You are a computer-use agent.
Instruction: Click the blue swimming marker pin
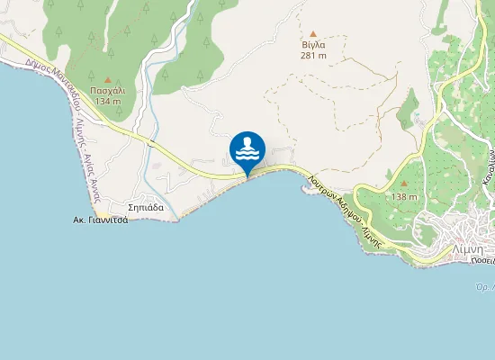[247, 149]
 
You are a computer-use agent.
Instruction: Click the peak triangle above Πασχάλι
[108, 79]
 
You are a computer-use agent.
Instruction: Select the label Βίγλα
[313, 43]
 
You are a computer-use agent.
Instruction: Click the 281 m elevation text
[313, 54]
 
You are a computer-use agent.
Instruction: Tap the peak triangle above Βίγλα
[313, 32]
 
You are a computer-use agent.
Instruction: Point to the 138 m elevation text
[404, 197]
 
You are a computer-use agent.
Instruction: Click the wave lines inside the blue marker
[247, 155]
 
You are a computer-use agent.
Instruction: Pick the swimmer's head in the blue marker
[247, 140]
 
